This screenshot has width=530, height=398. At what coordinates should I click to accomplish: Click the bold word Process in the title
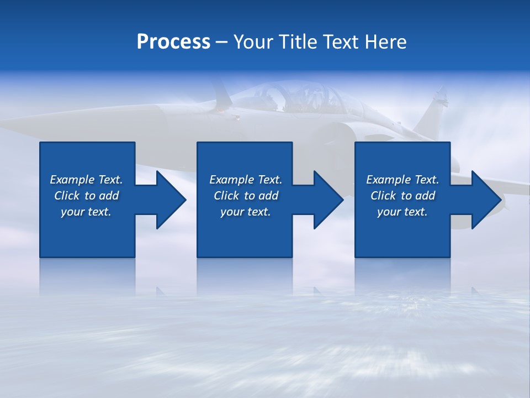tap(173, 42)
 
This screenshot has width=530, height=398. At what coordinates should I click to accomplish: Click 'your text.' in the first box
tap(86, 212)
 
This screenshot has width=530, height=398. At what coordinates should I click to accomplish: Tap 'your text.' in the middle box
tap(246, 212)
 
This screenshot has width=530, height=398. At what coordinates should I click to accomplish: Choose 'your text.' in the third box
tap(402, 212)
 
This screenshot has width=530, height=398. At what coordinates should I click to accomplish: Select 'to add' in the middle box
tap(262, 196)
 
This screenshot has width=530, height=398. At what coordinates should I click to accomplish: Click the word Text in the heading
tap(341, 42)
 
